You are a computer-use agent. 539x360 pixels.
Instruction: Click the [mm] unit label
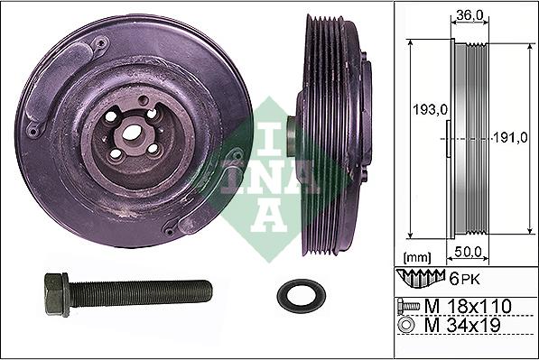click(x=417, y=257)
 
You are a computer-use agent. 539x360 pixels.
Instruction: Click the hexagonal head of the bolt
click(x=53, y=295)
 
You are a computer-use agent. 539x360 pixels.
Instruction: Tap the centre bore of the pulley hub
click(x=133, y=133)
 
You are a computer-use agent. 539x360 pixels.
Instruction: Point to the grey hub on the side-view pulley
click(x=293, y=135)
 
